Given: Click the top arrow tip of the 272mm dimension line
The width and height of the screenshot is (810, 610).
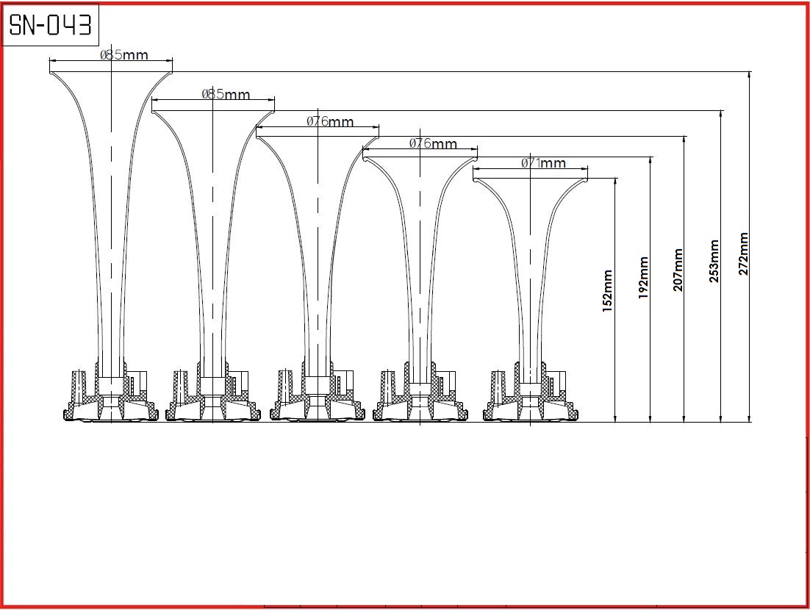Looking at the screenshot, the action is pos(750,72).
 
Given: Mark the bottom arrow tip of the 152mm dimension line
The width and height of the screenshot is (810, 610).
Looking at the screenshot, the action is pos(615,422).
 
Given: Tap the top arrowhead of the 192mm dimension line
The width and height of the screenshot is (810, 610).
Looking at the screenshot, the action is pos(650,157).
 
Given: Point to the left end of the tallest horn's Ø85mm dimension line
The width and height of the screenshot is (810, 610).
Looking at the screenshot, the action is pos(49,60).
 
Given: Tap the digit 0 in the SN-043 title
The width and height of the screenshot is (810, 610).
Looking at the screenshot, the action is pos(54,25).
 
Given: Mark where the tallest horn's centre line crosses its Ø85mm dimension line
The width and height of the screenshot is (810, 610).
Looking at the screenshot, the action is pos(111,60).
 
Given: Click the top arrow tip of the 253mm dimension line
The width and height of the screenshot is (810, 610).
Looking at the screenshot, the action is pos(720,110).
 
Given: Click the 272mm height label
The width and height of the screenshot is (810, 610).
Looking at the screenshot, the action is pos(743,254).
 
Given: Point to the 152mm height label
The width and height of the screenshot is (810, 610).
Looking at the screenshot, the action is pos(607,291).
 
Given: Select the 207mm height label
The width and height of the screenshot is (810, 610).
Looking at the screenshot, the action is pos(678,270).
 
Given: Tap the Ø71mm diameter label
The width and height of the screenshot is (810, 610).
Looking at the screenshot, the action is pos(543,163).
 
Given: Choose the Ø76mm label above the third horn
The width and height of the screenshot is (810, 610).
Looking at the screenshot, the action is pos(330,122).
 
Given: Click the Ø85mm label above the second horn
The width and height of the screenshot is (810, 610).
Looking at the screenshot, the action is pos(226,95).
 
